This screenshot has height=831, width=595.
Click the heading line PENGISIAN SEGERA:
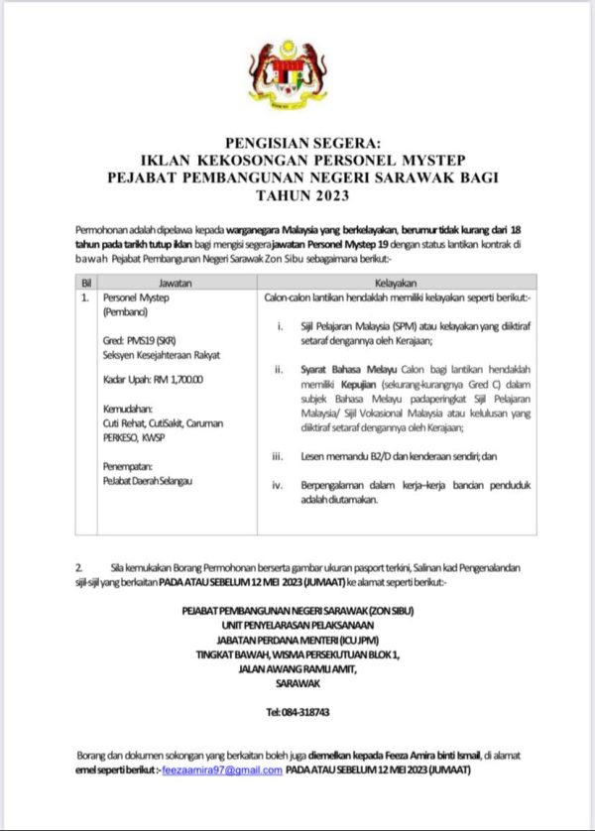pos(296,146)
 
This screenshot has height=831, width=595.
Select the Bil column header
pos(86,282)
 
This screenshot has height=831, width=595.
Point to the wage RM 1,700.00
pos(178,379)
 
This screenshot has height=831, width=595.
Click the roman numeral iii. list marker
pos(280,457)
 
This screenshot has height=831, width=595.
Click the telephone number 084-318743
pos(297,712)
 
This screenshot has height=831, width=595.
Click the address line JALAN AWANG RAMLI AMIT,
pos(297,668)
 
